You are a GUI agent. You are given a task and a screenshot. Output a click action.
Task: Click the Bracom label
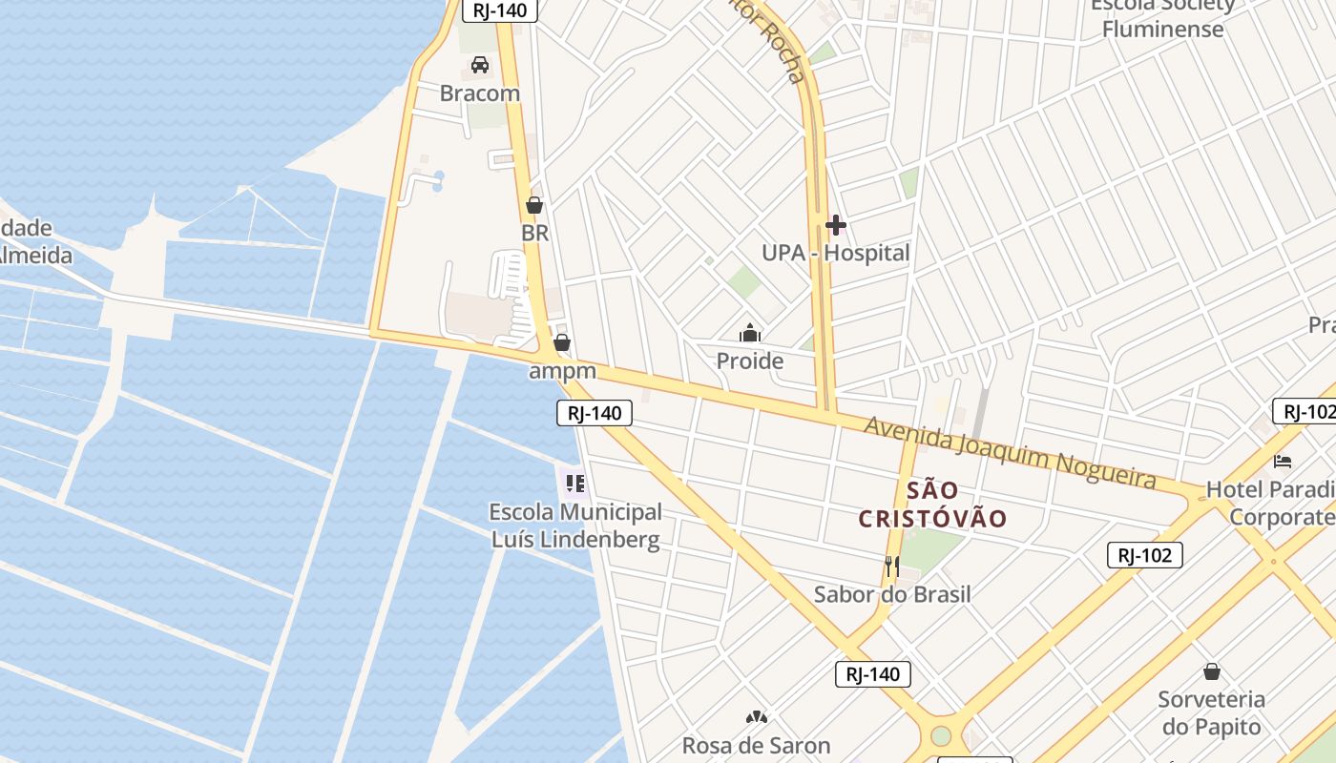pos(480,93)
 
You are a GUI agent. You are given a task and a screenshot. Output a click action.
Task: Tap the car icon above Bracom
pos(480,65)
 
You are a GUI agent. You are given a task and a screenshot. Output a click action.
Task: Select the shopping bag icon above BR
pos(534,205)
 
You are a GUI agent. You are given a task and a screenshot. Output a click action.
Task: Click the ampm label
pos(562,371)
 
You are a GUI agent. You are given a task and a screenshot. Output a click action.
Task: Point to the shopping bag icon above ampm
pos(562,341)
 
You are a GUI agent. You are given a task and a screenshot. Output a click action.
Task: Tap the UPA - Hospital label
pos(835,254)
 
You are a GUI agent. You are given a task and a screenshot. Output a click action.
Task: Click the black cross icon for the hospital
pos(836,225)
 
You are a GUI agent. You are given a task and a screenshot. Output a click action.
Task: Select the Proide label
pos(750,361)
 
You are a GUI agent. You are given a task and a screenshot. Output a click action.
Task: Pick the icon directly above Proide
pos(750,333)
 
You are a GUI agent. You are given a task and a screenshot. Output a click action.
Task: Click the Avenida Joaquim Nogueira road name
pos(1010,452)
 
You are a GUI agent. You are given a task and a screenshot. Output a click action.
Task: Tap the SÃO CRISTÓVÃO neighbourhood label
pos(932,505)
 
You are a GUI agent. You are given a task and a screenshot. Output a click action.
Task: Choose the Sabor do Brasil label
pos(891,594)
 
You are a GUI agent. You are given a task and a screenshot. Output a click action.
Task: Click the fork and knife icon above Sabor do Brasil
pos(891,566)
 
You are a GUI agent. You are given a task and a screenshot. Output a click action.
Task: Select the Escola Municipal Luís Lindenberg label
pos(575,526)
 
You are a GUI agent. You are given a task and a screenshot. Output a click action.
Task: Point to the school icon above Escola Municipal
pos(574,484)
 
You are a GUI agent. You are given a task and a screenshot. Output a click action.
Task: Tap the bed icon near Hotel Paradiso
pos(1283,462)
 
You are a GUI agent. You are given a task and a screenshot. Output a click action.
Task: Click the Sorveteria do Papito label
pos(1211,712)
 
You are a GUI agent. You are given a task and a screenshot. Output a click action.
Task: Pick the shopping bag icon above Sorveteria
pos(1211,671)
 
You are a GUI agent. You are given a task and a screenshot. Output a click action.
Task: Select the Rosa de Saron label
pos(756,745)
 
